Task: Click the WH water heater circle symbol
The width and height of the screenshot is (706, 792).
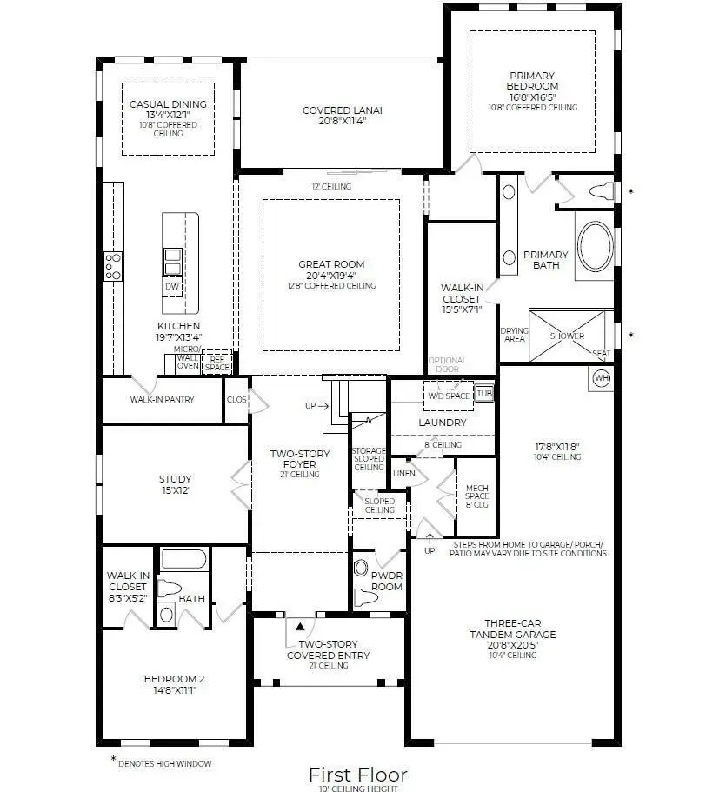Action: (601, 378)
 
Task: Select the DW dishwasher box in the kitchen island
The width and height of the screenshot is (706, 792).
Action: (172, 287)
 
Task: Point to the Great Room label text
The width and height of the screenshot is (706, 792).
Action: (331, 270)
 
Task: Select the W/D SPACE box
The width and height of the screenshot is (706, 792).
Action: (448, 396)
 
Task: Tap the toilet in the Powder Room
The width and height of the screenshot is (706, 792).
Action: (362, 570)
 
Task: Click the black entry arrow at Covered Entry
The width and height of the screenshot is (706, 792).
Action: (301, 624)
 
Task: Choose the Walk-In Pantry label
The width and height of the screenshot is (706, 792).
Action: (162, 400)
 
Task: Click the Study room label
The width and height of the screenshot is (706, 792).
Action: (175, 484)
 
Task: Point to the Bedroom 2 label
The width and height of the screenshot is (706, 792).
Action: (175, 684)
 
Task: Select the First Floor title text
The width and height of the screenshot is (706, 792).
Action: (357, 773)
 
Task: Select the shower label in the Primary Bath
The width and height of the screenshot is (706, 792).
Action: (567, 336)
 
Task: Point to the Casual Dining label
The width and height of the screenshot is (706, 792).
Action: (168, 110)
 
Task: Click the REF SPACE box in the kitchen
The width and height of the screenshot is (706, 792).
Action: (216, 363)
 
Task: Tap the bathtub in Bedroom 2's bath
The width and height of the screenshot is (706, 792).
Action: (183, 559)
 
